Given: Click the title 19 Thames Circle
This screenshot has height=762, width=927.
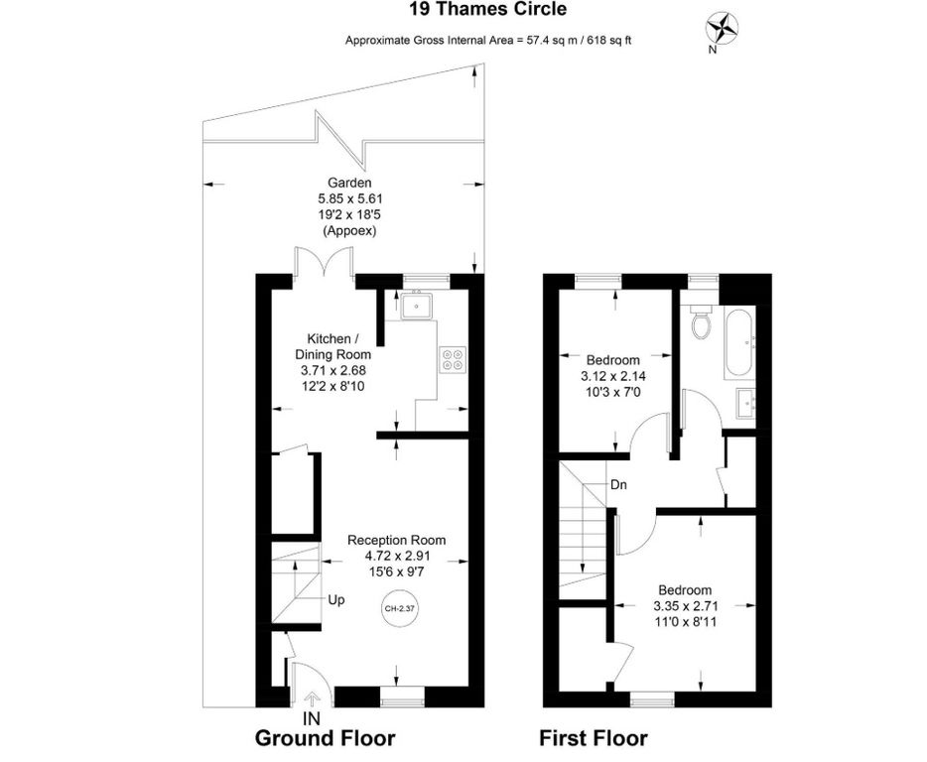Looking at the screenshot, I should pos(488,10).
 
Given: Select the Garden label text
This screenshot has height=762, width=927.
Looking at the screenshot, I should pos(350,183).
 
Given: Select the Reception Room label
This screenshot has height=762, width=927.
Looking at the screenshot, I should pos(396,540).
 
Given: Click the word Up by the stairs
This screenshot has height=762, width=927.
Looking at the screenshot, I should pos(336,600).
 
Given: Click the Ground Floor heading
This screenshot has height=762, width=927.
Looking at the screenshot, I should pos(326,739).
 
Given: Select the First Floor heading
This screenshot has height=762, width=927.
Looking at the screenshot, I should pos(593,739).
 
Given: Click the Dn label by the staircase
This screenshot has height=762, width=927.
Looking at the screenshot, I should pos(617,485).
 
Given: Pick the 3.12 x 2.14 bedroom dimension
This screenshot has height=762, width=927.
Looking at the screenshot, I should pos(612,377).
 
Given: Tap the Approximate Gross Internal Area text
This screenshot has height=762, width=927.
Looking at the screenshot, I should pos(487,41).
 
